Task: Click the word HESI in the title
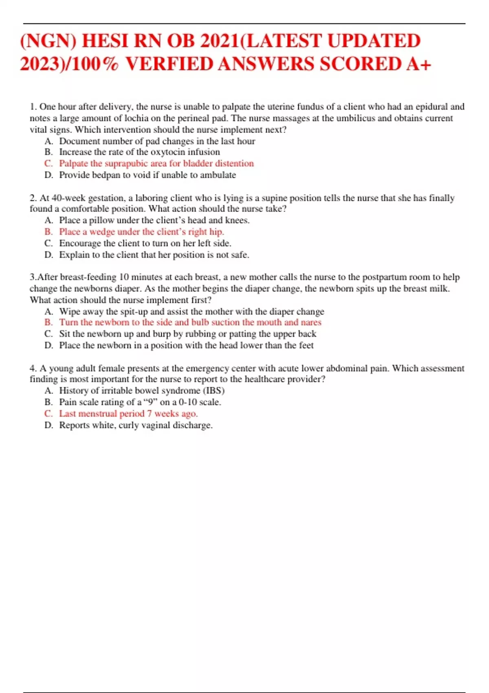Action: [106, 41]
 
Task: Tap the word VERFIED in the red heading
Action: [169, 64]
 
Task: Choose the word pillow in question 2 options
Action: [102, 221]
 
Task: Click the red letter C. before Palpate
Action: [48, 163]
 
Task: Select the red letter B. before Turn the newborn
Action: [48, 322]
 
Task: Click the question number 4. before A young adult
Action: [33, 369]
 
